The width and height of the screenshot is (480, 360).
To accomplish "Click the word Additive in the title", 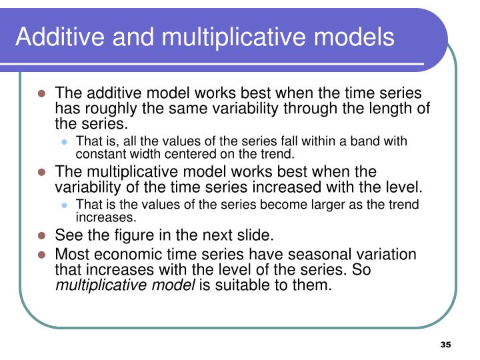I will click(58, 37).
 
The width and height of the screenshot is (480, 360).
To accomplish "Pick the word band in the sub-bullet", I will click(368, 141).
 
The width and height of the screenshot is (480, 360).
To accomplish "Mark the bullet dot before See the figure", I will click(41, 235).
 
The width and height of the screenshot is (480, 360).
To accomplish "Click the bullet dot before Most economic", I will click(41, 255).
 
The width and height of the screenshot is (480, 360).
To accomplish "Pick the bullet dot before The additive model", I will click(41, 95).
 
